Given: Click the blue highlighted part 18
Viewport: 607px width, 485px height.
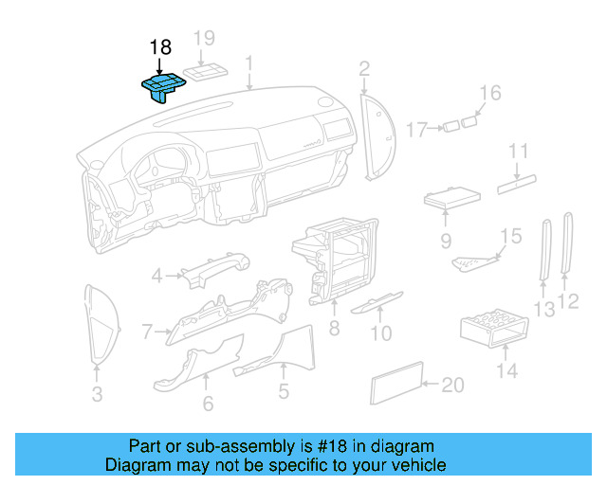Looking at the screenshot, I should pyautogui.click(x=162, y=88).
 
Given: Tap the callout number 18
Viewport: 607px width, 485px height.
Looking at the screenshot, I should pyautogui.click(x=160, y=47).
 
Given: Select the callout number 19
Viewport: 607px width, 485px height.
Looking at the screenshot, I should pyautogui.click(x=205, y=39).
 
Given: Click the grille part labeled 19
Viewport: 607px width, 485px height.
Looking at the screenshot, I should pyautogui.click(x=206, y=73).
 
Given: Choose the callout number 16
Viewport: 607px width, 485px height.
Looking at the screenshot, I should pyautogui.click(x=489, y=93).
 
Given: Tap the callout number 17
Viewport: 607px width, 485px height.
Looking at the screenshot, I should pyautogui.click(x=417, y=129).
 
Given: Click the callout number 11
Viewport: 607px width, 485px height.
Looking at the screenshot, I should pyautogui.click(x=517, y=152).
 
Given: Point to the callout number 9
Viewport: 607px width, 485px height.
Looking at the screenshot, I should pyautogui.click(x=446, y=242).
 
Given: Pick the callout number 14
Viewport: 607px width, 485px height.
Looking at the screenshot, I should pyautogui.click(x=508, y=370).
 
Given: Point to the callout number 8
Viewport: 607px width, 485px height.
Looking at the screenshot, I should pyautogui.click(x=334, y=329).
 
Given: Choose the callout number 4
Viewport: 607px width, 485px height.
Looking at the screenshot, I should pyautogui.click(x=156, y=277).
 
